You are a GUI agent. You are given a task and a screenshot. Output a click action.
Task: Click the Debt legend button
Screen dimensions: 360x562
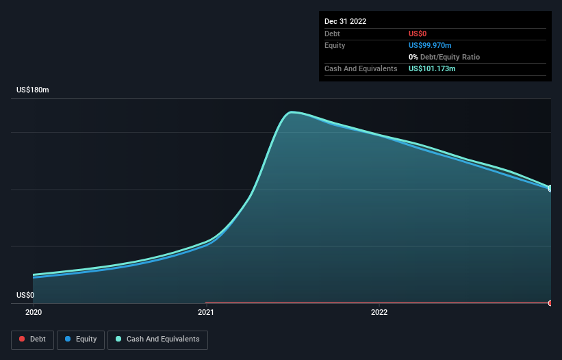tap(32, 339)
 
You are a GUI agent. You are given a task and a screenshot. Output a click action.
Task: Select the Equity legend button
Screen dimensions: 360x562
tap(81, 339)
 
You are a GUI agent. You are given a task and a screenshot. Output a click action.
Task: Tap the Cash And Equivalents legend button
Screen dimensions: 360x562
tap(157, 339)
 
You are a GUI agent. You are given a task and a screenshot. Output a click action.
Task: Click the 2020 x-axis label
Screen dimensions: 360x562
tap(33, 312)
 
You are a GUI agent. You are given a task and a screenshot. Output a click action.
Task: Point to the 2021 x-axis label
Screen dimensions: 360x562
tap(206, 312)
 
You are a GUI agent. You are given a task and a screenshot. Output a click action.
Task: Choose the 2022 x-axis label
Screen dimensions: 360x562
tap(379, 312)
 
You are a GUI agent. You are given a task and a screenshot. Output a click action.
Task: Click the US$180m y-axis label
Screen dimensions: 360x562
tap(33, 90)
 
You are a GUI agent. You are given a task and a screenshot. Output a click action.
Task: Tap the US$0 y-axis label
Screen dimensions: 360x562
tap(25, 296)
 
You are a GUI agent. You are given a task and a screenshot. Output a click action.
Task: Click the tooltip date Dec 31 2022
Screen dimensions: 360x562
tap(346, 21)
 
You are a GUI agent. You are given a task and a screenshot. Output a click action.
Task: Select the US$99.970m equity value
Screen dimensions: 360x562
tap(431, 45)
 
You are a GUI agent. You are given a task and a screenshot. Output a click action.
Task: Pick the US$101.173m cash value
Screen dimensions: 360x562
tap(432, 68)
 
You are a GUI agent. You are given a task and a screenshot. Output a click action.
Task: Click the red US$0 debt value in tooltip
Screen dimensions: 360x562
tap(418, 34)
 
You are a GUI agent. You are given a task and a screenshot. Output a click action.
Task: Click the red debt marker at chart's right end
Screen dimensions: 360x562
tap(550, 303)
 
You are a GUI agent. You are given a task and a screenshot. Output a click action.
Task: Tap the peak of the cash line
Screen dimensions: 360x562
tap(292, 112)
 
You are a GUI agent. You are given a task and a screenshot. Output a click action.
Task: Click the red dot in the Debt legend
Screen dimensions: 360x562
tap(22, 339)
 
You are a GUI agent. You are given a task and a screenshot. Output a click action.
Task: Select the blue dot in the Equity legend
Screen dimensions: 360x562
tap(68, 339)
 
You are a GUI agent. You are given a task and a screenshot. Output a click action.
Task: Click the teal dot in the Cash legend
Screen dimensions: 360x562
tap(118, 339)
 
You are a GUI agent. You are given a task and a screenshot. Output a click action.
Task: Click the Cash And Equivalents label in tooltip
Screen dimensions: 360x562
tap(361, 68)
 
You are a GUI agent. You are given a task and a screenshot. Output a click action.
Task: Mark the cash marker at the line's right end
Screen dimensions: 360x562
tap(550, 188)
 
